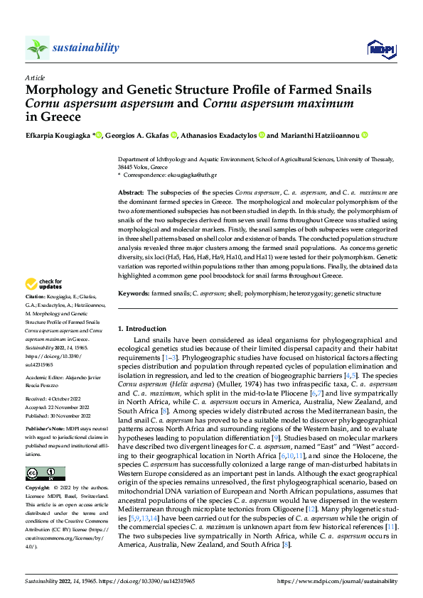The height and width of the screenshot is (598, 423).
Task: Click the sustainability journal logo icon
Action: point(37,48)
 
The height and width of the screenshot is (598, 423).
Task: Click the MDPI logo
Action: point(377,48)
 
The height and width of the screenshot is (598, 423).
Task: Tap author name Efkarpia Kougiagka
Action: point(58,135)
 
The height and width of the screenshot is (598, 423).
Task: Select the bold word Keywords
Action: point(134,293)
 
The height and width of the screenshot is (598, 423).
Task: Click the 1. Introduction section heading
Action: point(141,329)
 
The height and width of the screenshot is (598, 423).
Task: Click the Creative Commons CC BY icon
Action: point(45,474)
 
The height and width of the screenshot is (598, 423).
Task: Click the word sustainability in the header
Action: point(87,48)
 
